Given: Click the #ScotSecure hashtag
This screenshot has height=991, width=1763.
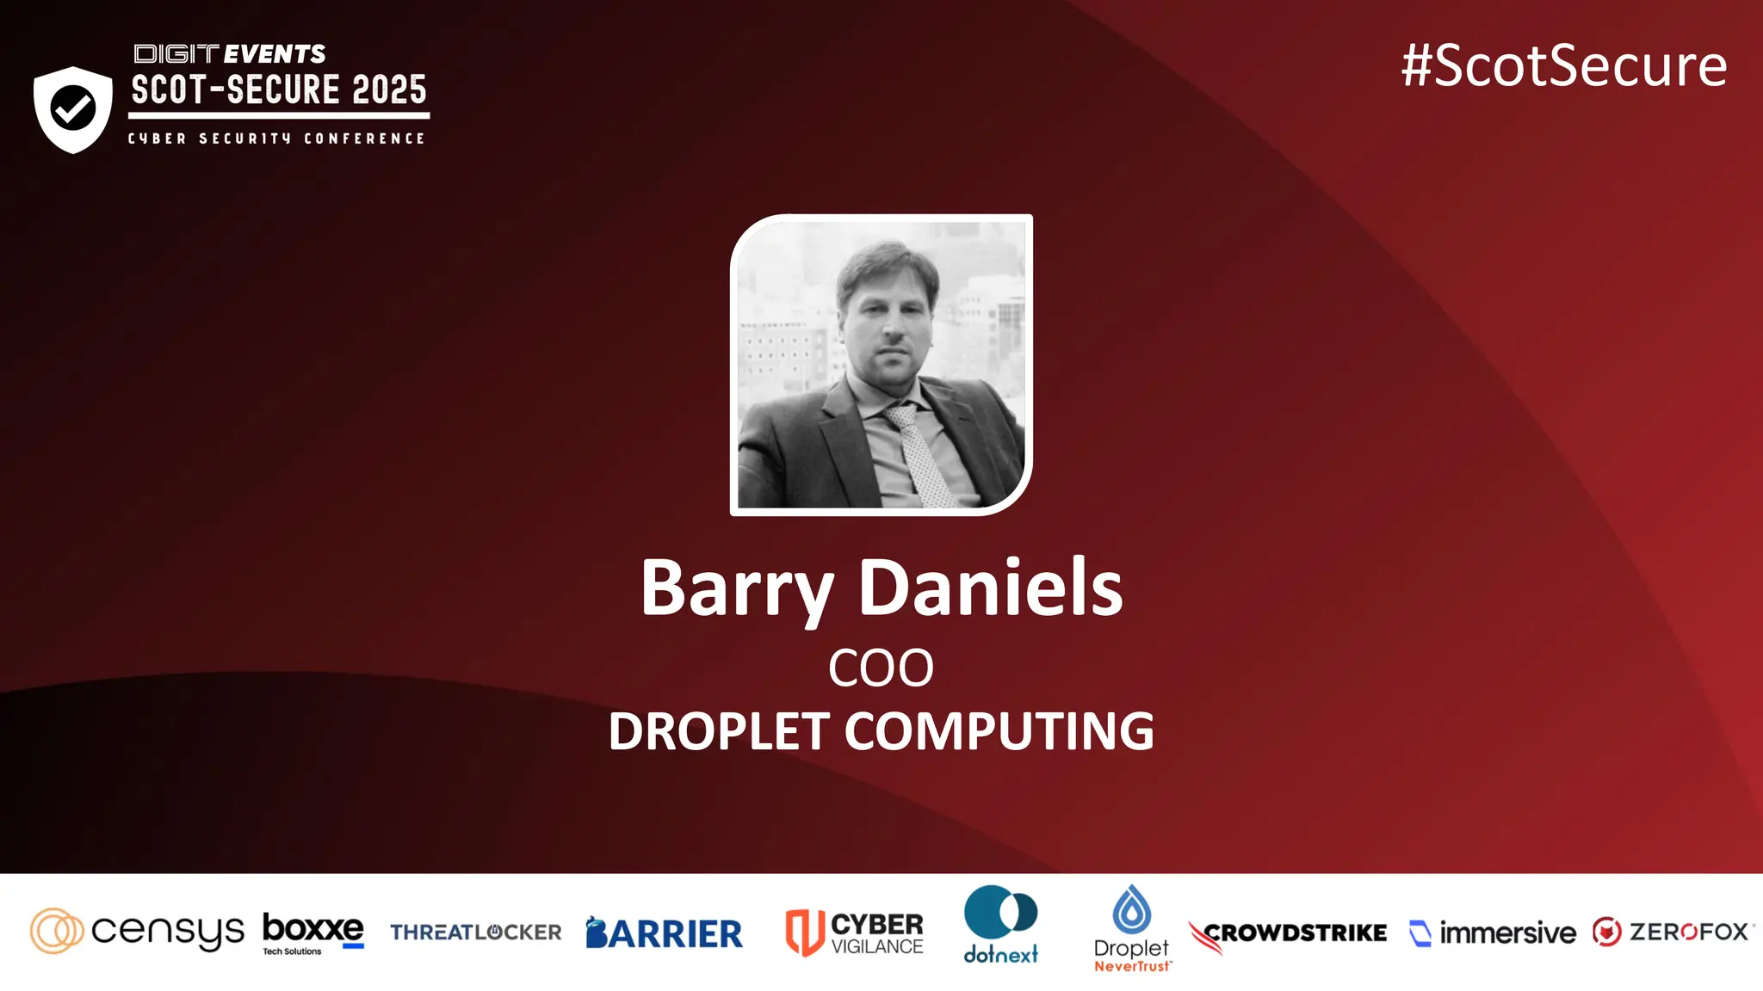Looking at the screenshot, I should click(1563, 66).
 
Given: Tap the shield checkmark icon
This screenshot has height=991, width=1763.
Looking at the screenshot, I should click(73, 109).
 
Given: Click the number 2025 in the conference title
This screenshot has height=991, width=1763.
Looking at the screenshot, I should click(389, 89).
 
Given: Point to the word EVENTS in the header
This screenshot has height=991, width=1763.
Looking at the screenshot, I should click(275, 54).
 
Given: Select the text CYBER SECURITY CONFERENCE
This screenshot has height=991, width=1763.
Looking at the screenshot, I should click(276, 138).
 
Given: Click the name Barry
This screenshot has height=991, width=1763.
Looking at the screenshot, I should click(736, 590).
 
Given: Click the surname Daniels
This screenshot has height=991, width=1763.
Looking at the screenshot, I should click(991, 588).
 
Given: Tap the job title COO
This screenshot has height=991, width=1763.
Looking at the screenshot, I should click(881, 668).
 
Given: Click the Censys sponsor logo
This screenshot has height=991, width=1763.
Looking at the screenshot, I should click(138, 932).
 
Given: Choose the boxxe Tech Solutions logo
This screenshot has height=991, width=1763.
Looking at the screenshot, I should click(312, 933).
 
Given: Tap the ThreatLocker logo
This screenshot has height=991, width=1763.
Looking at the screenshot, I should click(475, 933).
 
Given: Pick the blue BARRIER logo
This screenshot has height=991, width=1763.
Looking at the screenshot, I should click(664, 933).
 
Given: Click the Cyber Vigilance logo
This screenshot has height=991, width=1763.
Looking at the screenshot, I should click(854, 933).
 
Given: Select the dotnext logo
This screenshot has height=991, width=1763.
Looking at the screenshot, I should click(1000, 925).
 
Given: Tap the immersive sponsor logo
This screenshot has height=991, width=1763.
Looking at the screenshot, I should click(1493, 933).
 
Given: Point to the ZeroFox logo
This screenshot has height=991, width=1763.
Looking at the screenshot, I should click(1672, 932).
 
